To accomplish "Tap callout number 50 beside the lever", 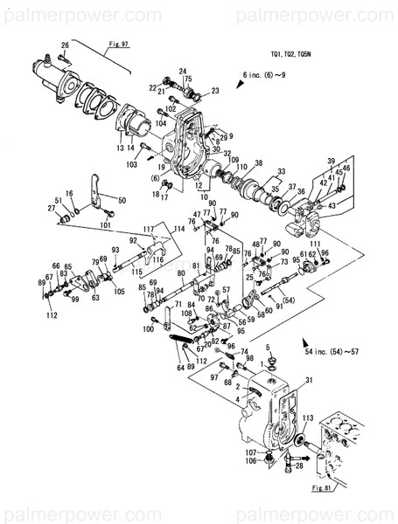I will tap(122, 201).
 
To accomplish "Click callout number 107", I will tap(250, 451).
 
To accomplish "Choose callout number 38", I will tap(258, 164).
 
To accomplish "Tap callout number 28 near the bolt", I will tap(300, 466).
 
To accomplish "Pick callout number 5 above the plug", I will tap(269, 347).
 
